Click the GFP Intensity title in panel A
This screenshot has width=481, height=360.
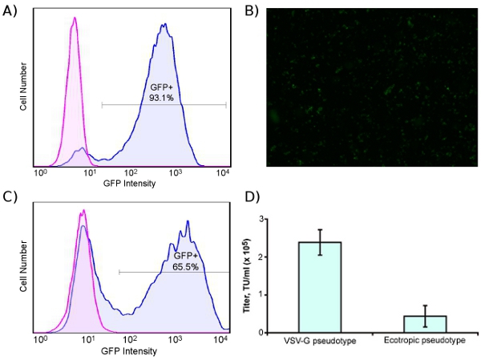pos(130,182)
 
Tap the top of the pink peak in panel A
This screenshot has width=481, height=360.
pos(75,19)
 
